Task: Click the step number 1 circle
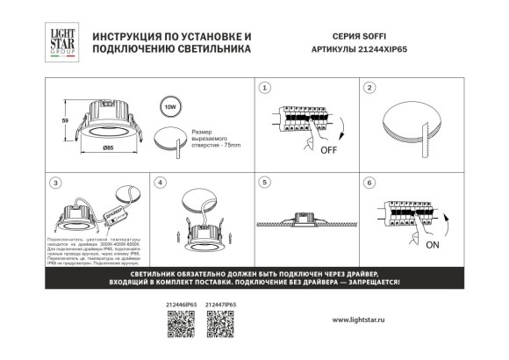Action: tap(266, 88)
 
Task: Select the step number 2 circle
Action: tap(369, 88)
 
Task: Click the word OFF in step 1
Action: tap(329, 149)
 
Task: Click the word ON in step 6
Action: tap(432, 246)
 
